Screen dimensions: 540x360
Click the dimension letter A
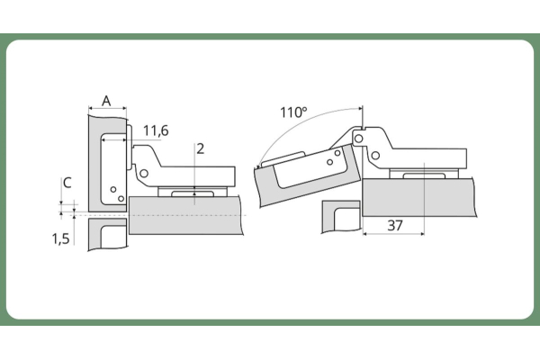[x=106, y=101]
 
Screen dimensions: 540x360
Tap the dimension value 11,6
[x=156, y=130]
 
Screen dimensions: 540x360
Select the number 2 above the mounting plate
[x=200, y=148]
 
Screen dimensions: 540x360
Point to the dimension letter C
[x=67, y=183]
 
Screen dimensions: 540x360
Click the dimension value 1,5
[x=60, y=238]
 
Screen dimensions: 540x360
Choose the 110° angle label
[x=293, y=112]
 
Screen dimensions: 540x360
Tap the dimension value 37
[x=395, y=226]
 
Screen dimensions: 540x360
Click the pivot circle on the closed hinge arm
[x=144, y=173]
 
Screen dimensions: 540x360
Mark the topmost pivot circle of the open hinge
[x=358, y=139]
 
